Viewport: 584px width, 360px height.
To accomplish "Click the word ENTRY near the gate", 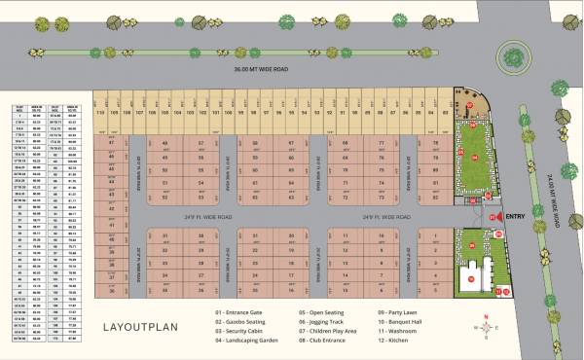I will pos(517,217).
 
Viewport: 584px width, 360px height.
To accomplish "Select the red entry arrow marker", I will pos(499,217).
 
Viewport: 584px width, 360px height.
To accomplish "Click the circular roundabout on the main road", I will pos(513,54).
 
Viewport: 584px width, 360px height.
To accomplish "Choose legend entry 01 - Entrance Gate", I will pos(243,312).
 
